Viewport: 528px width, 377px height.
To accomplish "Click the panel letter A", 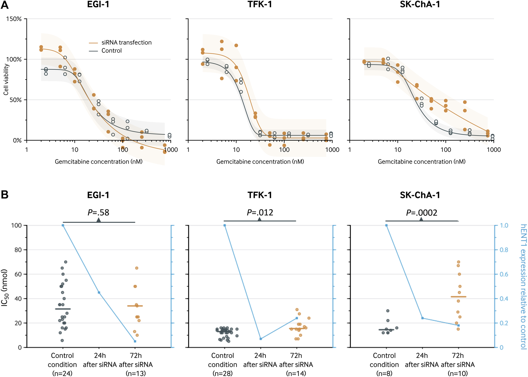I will (x=5, y=5).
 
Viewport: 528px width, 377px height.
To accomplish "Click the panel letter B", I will (x=5, y=195).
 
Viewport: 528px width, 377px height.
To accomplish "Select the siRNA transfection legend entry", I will (x=126, y=43).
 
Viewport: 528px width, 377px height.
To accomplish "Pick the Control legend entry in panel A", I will (x=111, y=51).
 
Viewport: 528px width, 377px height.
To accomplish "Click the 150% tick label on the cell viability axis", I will (x=14, y=19).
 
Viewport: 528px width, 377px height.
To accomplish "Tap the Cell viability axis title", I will (x=6, y=79).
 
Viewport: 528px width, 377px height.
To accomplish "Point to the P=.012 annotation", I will (x=260, y=212).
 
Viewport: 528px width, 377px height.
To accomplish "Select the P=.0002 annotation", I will (x=422, y=213).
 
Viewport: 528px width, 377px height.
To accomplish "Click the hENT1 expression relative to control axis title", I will (x=523, y=287).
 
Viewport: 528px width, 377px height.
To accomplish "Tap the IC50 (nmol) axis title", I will (x=5, y=287).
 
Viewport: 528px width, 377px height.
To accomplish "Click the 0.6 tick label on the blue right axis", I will (x=504, y=274).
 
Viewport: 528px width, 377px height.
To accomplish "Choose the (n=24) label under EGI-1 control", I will (x=62, y=373).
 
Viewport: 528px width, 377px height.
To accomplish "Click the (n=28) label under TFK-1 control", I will (x=223, y=373).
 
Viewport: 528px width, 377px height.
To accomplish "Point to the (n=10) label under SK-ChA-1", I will (x=458, y=373).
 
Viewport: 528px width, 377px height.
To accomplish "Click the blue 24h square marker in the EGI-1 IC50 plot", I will (x=99, y=293).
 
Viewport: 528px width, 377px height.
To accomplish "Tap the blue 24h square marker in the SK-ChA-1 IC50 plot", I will (x=422, y=318).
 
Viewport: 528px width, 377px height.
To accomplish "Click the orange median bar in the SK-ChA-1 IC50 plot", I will (x=458, y=297).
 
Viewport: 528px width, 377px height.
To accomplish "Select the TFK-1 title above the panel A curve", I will (x=260, y=4).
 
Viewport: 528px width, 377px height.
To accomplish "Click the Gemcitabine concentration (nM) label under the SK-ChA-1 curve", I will (x=422, y=162).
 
